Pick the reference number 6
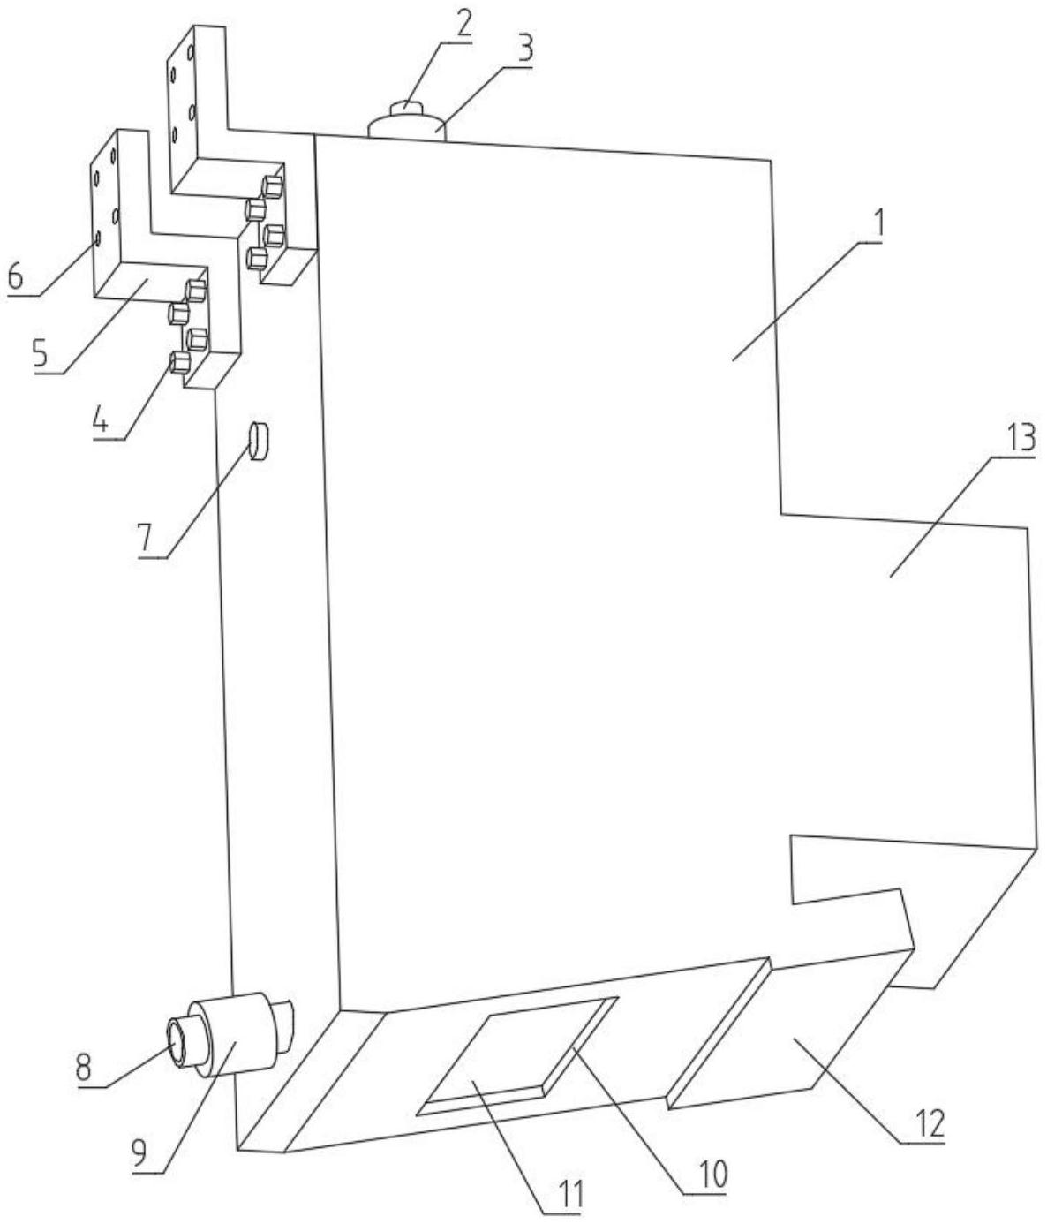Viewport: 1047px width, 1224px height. (x=15, y=276)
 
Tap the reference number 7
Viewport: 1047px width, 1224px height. (x=143, y=536)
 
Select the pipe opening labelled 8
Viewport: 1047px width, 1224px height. (x=180, y=1042)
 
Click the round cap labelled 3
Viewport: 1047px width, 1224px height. (x=406, y=126)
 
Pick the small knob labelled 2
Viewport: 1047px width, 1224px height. (x=406, y=107)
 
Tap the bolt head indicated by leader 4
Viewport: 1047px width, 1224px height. (x=179, y=362)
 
